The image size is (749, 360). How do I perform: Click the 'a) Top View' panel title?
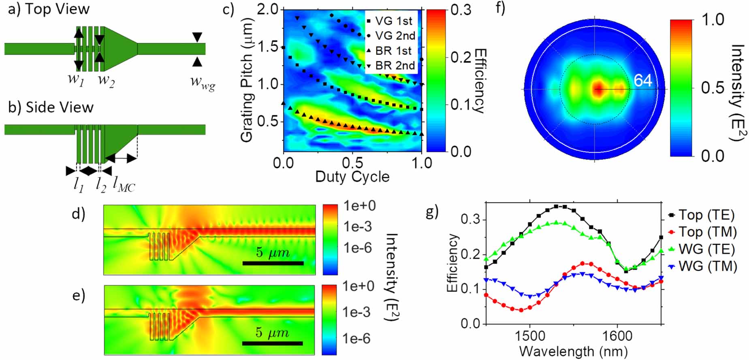49,9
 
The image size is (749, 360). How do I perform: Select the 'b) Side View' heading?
51,107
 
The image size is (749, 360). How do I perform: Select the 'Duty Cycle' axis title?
352,177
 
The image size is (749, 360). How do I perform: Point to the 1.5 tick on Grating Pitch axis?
268,47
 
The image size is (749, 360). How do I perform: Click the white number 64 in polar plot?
643,81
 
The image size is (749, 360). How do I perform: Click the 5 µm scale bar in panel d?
273,263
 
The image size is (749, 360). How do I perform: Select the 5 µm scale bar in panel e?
272,343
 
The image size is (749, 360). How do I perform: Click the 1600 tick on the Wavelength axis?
617,336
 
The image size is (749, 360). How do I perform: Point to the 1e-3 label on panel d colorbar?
357,226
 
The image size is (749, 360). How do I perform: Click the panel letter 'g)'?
432,211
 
